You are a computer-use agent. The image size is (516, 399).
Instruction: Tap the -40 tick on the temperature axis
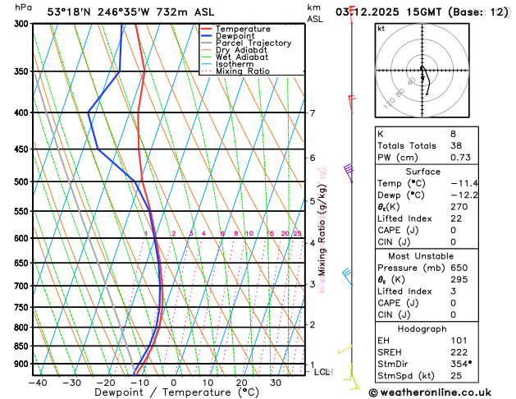37,382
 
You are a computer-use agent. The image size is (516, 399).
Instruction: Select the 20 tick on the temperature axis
242,382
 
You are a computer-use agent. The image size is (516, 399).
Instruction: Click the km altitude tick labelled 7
312,113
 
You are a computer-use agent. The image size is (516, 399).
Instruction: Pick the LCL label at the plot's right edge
322,372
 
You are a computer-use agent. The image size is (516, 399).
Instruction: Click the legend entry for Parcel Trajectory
253,43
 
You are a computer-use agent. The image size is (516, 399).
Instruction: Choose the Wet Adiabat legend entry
242,57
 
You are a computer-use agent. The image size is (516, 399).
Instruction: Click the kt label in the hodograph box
381,28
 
